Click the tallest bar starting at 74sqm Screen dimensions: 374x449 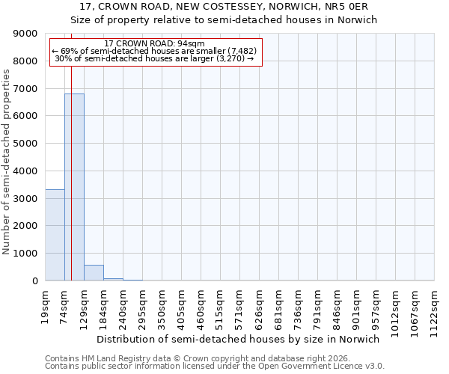point(74,187)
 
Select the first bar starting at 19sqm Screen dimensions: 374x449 point(55,235)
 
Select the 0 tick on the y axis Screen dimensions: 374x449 point(34,280)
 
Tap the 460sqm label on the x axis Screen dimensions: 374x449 point(201,306)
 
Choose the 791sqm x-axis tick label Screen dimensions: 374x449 point(318,306)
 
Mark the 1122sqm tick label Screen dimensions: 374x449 point(435,308)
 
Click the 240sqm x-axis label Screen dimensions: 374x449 point(123,306)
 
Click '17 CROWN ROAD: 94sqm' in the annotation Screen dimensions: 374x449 point(155,44)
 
